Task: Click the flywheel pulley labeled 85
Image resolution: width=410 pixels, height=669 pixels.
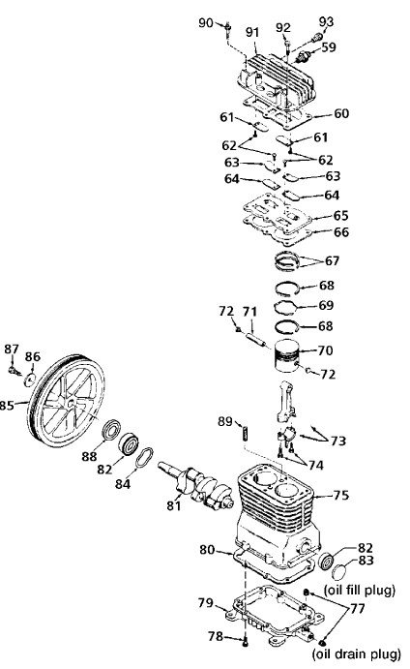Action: [66, 400]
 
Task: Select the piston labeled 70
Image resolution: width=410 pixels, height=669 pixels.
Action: [286, 355]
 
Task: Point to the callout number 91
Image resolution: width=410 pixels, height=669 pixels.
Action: [252, 32]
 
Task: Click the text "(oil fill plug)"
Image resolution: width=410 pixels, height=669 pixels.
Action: [360, 590]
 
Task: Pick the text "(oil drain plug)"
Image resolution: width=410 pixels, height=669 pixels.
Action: [356, 654]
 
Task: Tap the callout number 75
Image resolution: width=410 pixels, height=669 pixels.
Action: [340, 495]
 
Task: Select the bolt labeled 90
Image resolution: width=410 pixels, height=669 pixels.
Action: [228, 29]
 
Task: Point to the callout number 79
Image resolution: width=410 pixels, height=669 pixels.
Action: [206, 602]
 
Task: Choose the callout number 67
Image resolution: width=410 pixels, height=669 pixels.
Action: [333, 260]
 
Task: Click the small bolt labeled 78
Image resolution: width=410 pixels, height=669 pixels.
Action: [245, 641]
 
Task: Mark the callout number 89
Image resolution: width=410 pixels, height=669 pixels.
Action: [225, 421]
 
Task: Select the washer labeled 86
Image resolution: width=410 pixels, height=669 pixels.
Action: [30, 379]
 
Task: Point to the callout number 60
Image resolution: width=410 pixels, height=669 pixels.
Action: [341, 113]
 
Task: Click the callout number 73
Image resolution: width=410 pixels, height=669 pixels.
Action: [338, 441]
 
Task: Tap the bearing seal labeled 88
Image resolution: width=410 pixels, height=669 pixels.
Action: [112, 429]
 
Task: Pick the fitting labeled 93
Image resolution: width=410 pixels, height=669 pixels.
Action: [316, 38]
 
